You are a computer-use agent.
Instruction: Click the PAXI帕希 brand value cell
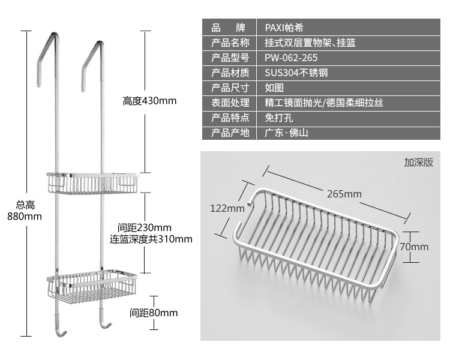point(286,28)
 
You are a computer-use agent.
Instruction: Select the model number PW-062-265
point(291,58)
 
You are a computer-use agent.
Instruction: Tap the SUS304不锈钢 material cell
point(296,73)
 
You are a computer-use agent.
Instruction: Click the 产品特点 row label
point(230,118)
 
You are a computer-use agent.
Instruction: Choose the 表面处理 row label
point(230,103)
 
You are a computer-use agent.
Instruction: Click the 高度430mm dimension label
point(149,101)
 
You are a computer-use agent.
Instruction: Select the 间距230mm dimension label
point(145,228)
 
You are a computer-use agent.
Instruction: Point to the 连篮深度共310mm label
point(151,239)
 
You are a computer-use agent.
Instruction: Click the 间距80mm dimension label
point(154,313)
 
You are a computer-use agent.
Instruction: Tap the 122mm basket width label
point(227,208)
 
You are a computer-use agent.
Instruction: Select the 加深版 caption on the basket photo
point(418,162)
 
